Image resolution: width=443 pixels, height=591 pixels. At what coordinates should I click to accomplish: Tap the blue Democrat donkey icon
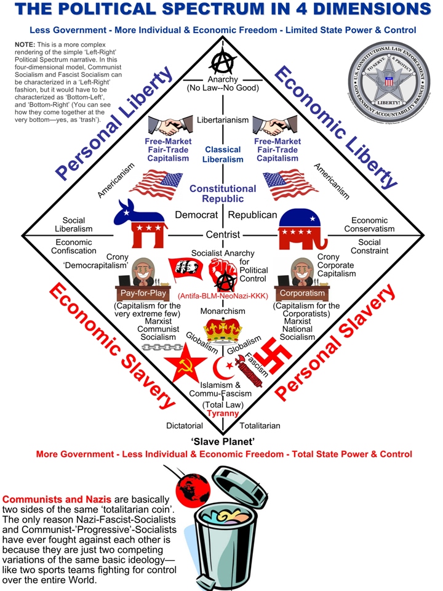[140, 223]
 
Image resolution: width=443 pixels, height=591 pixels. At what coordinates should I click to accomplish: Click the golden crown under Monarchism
[223, 330]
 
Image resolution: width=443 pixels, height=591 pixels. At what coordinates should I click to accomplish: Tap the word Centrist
[223, 235]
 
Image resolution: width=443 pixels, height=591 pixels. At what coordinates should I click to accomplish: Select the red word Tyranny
[222, 414]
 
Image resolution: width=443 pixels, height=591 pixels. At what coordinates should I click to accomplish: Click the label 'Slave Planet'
[222, 441]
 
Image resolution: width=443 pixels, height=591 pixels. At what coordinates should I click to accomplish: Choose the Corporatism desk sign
[302, 294]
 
